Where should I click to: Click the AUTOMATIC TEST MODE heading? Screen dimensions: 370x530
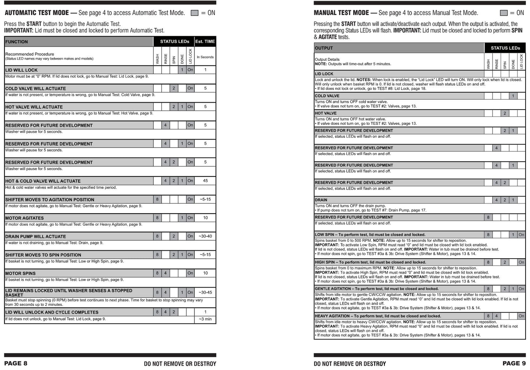coord(37,13)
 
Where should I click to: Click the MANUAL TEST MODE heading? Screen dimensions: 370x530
coord(341,13)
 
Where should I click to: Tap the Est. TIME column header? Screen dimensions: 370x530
coord(205,41)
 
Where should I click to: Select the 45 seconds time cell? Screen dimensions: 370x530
coord(205,181)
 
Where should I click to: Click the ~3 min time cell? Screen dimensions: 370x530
coord(205,319)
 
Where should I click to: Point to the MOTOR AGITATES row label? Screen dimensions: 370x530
coord(24,218)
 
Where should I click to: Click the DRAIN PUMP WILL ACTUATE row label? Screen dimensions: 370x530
coord(36,237)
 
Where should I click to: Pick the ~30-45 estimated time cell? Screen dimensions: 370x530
coord(205,292)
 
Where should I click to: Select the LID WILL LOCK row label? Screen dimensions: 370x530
coord(21,70)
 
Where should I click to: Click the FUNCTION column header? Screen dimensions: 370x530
coord(17,42)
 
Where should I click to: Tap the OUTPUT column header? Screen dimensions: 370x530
coord(324,48)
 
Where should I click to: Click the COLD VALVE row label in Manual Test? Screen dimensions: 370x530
coord(327,96)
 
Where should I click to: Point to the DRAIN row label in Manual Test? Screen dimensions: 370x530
coord(321,200)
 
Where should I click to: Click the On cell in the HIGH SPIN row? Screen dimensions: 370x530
coord(521,262)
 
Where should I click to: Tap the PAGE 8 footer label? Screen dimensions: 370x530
coord(16,363)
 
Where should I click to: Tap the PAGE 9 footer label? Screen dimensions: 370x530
coord(514,363)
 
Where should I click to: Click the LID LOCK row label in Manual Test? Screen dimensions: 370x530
coord(324,74)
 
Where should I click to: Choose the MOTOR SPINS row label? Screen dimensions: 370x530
coord(21,273)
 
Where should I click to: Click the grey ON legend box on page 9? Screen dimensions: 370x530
coord(504,13)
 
